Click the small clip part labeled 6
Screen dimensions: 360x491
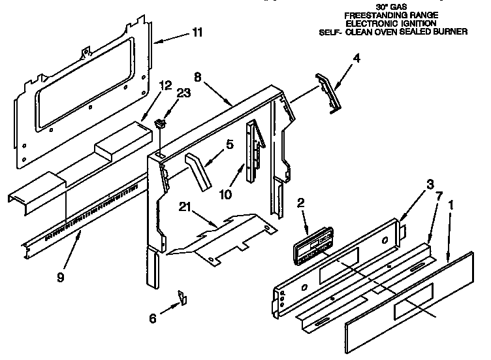(182, 297)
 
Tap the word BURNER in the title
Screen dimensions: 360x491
(451, 31)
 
